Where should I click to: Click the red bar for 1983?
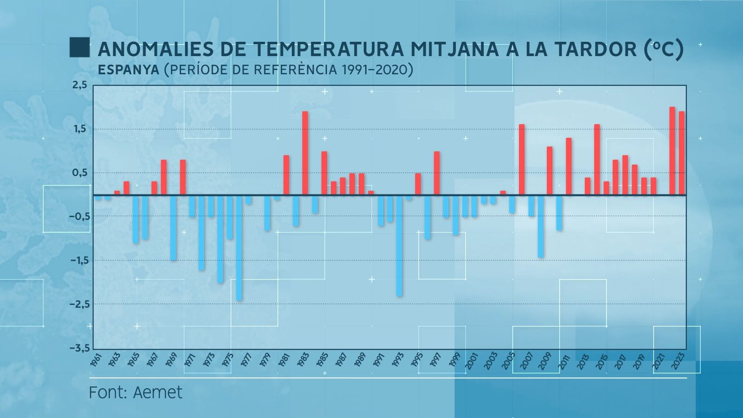(x=305, y=153)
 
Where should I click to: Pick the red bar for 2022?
(x=672, y=151)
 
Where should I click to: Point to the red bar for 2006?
(x=521, y=160)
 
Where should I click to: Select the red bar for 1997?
(x=437, y=173)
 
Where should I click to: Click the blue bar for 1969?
(x=173, y=228)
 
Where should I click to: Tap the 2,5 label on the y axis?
(x=79, y=85)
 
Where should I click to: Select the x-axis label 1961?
(x=96, y=360)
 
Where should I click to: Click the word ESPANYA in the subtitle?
(x=128, y=70)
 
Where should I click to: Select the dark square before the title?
(x=79, y=47)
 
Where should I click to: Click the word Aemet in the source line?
(x=158, y=393)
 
